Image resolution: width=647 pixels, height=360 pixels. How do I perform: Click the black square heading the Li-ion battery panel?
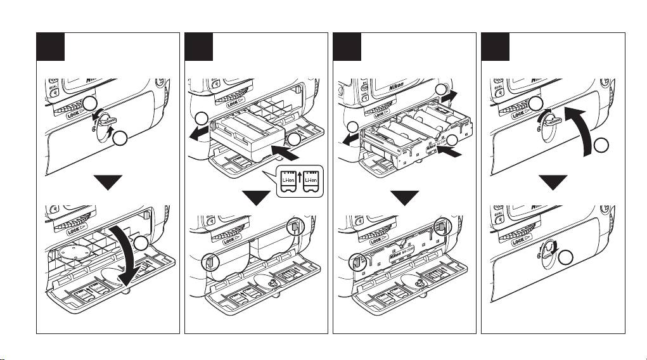coord(198,46)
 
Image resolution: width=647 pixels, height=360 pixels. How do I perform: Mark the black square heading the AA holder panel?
coord(347,46)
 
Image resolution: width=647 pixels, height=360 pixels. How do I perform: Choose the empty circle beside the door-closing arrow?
coord(603,147)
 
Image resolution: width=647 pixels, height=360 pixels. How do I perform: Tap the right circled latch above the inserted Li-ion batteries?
coord(297,227)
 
